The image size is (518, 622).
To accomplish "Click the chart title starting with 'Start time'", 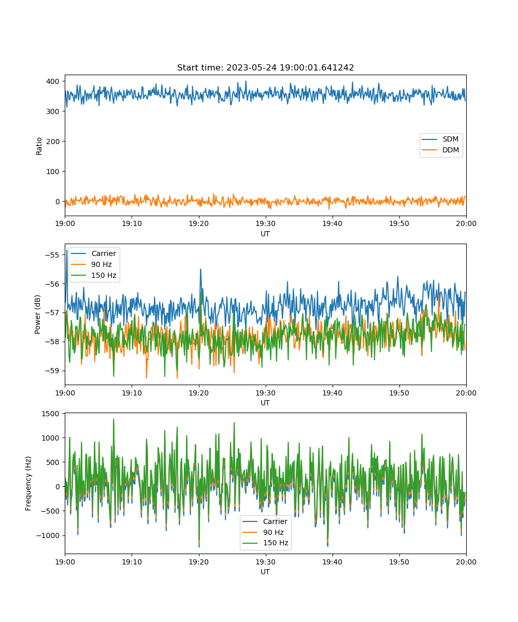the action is tap(265, 67).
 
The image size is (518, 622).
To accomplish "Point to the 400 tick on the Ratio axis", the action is tap(53, 81).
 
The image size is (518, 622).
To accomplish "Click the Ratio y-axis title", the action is tap(39, 146).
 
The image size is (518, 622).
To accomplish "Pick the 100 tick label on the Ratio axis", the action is tap(53, 172).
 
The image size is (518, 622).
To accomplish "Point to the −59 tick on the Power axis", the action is tap(52, 371).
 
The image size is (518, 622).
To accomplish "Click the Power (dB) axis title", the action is tap(37, 314).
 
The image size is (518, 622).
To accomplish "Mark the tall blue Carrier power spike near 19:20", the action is tap(200, 270).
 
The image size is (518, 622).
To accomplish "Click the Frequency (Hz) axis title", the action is tap(28, 484).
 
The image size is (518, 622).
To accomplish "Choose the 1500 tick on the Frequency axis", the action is tap(51, 414).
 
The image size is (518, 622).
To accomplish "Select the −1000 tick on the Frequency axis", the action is tap(48, 535).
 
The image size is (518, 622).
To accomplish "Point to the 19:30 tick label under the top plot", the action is tap(266, 223).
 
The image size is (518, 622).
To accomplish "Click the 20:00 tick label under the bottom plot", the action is tap(466, 562).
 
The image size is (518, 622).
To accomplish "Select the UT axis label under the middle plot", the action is tap(265, 403).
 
